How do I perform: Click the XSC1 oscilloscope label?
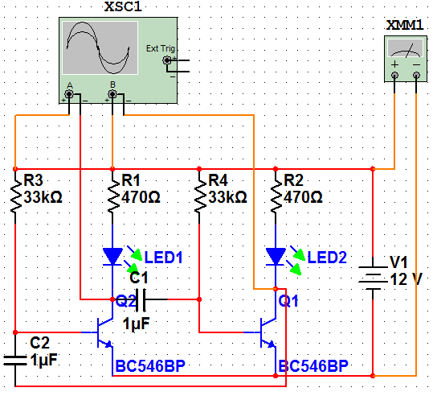(119, 8)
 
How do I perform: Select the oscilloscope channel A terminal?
(70, 95)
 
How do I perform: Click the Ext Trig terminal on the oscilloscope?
(168, 60)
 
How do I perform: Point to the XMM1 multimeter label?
(404, 26)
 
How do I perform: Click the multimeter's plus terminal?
(394, 76)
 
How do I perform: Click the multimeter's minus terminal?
(416, 76)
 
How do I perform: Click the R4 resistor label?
(219, 179)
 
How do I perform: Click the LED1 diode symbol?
(112, 257)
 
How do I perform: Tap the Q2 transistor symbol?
(103, 332)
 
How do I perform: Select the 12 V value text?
(406, 278)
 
